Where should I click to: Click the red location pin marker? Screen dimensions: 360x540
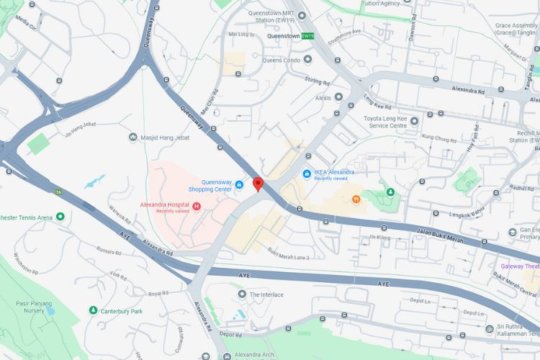pos(258,184)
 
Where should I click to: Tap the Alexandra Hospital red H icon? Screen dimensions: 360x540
pos(196,207)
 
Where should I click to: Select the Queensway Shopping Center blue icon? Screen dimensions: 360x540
pos(239,185)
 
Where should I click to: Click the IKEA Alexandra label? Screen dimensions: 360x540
pos(334,172)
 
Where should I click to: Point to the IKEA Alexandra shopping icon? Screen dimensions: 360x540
pos(307,173)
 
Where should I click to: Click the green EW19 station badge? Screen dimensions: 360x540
pos(307,36)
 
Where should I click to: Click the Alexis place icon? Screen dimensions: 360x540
pos(338,96)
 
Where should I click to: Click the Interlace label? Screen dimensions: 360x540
pos(266,294)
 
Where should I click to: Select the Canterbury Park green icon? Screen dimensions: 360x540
pos(93,310)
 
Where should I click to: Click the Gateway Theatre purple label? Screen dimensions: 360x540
pos(520,266)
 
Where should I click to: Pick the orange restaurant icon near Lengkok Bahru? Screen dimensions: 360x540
pos(356,199)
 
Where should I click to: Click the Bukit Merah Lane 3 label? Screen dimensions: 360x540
pos(288,254)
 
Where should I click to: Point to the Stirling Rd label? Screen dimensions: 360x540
pos(316,82)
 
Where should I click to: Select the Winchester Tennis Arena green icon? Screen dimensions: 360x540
pos(60,217)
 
